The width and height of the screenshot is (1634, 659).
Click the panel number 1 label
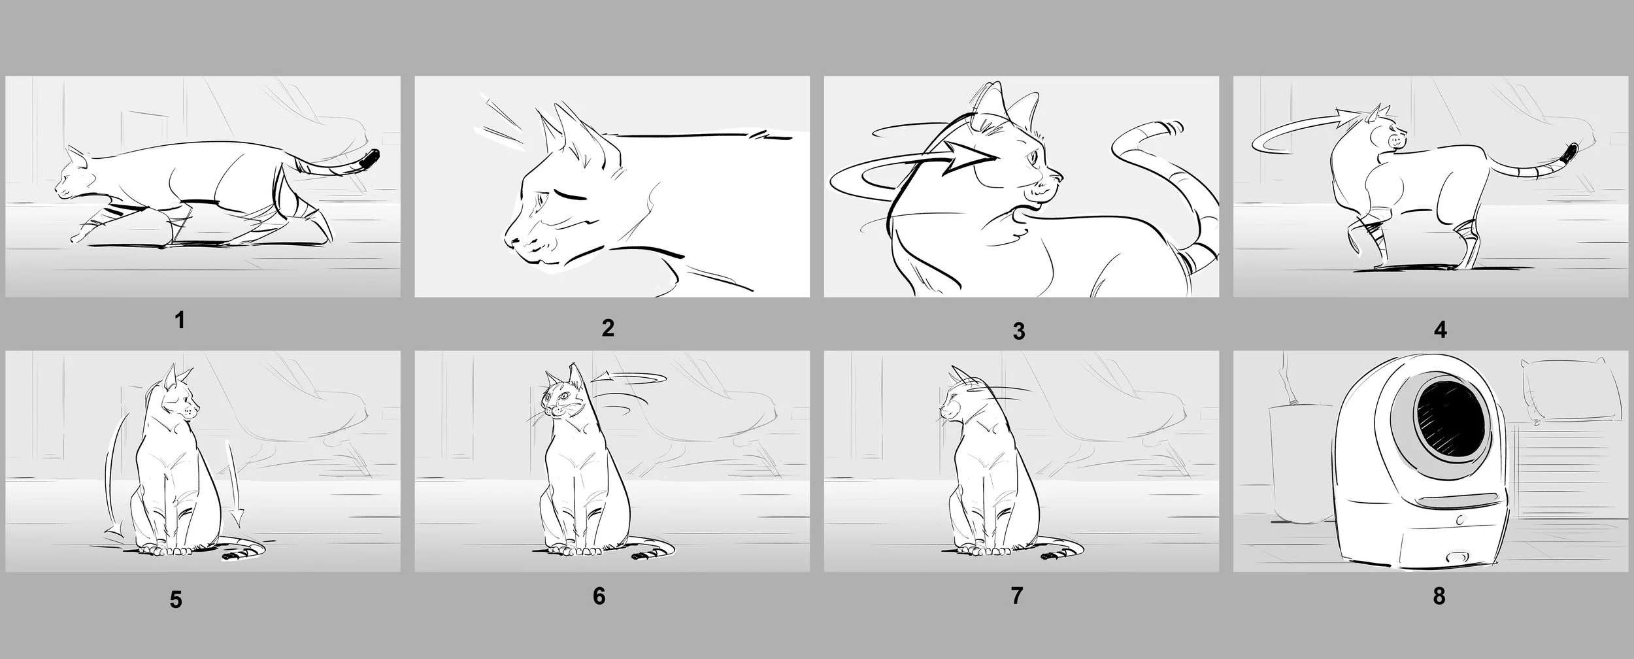[x=180, y=321]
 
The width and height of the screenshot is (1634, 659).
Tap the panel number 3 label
[x=1018, y=331]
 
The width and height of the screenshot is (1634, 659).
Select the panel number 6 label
[x=599, y=596]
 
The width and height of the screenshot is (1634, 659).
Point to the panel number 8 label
[x=1439, y=597]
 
